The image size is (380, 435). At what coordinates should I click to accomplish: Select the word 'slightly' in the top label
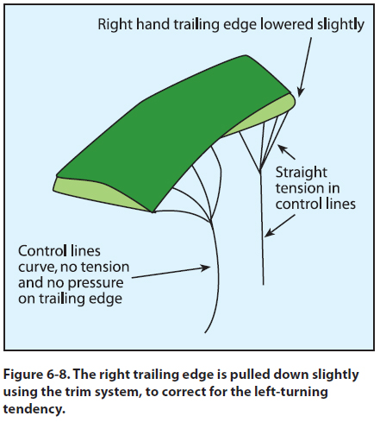341,25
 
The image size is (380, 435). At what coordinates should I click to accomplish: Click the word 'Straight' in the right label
302,173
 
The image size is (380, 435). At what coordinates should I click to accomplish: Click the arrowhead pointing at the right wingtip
300,92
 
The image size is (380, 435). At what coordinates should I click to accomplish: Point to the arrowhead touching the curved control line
206,268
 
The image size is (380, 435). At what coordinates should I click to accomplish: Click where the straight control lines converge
260,172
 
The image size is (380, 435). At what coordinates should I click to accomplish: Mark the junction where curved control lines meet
211,222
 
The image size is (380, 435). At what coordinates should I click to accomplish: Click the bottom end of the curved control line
205,333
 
